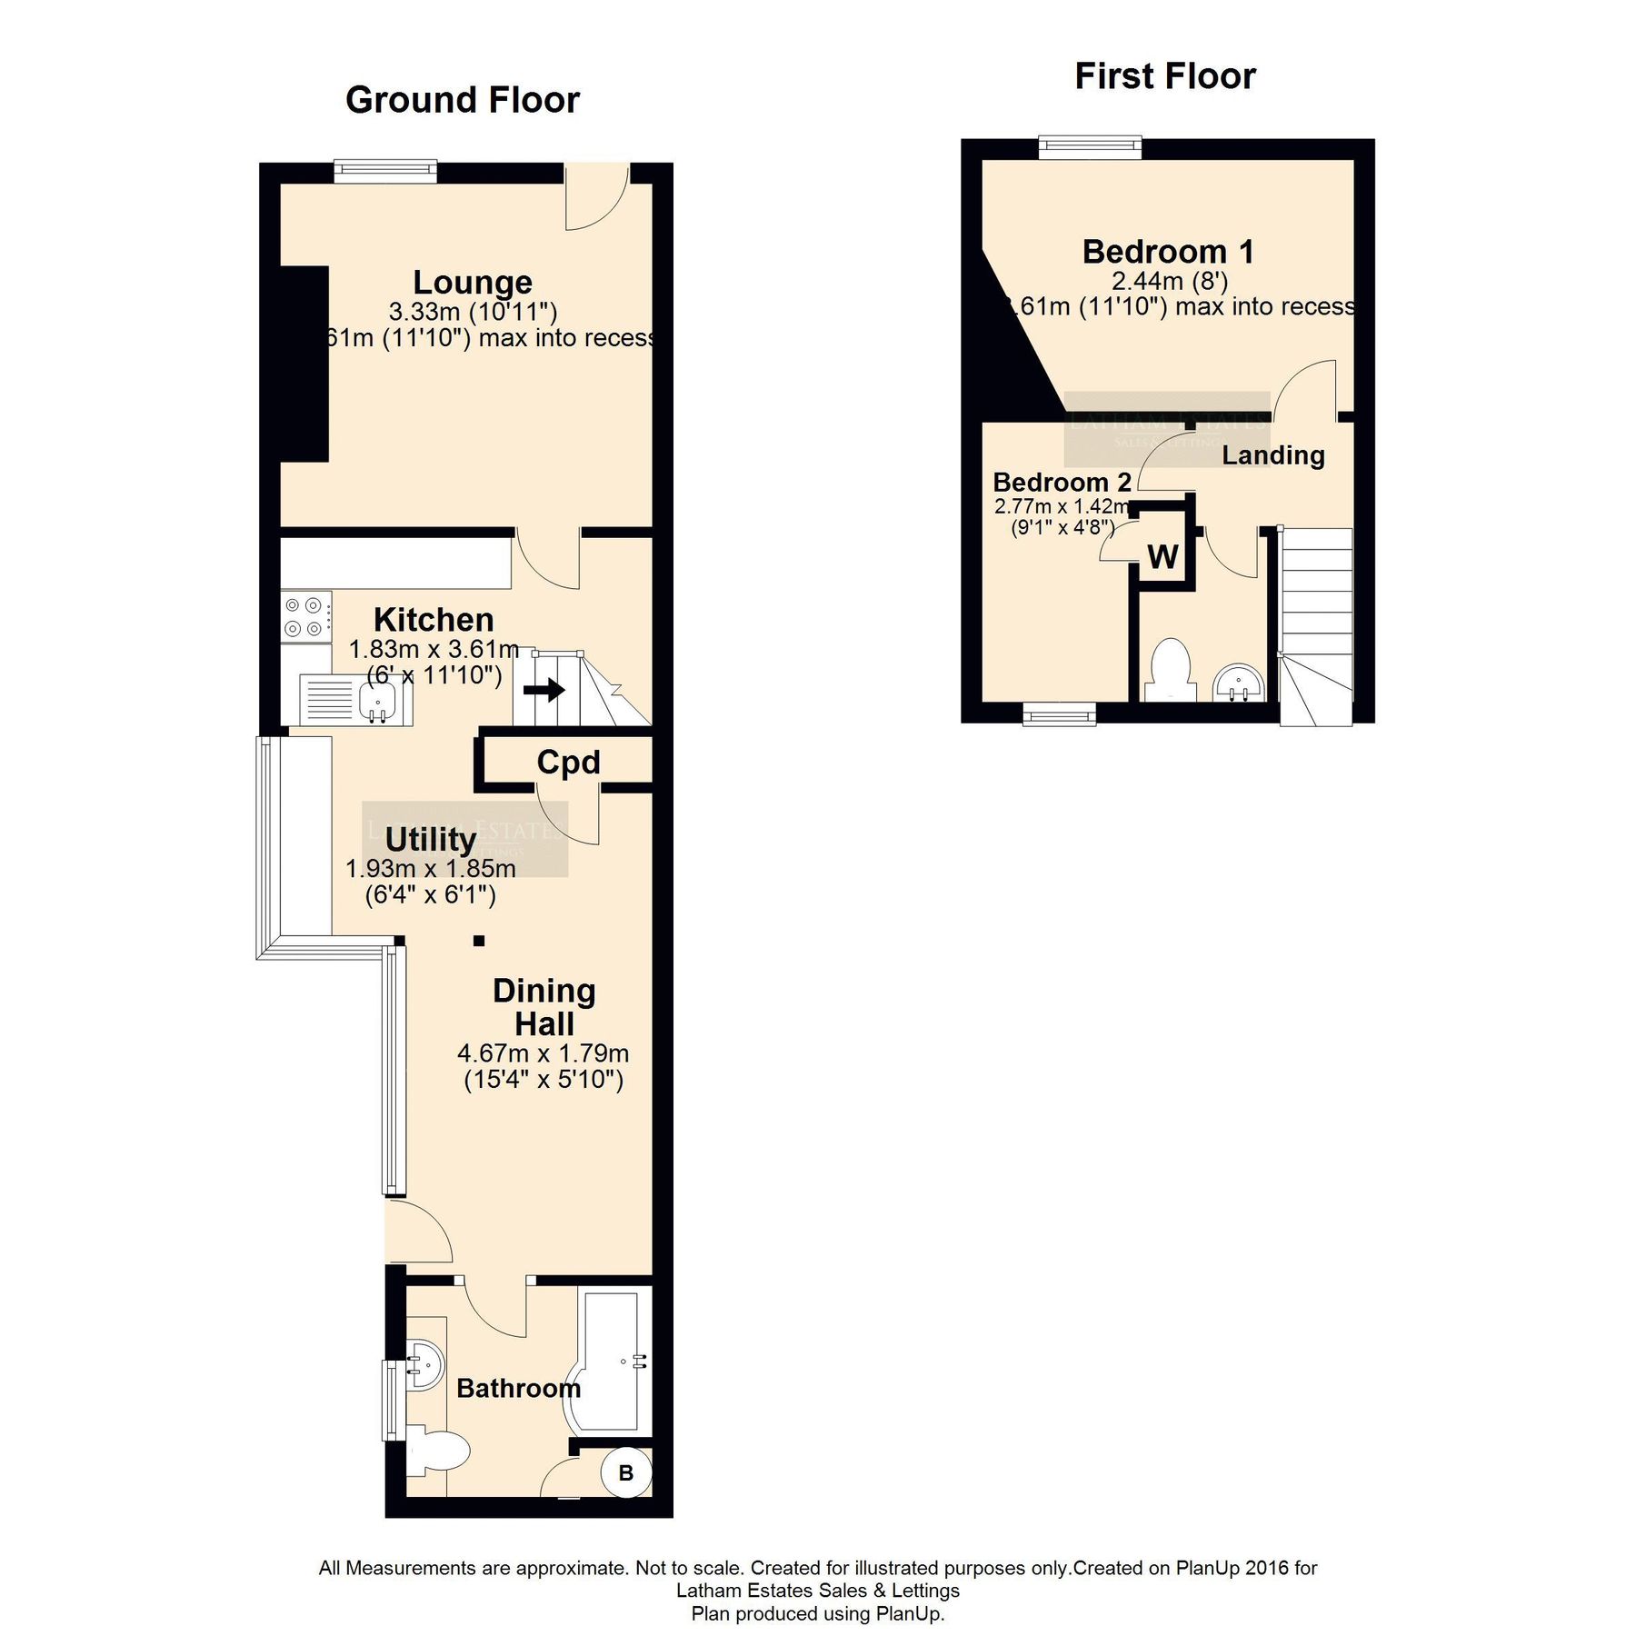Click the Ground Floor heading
[x=462, y=100]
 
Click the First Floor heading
[x=1164, y=76]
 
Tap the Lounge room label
[x=473, y=283]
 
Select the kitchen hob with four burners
[x=305, y=616]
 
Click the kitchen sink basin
[x=377, y=702]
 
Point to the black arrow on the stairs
[x=544, y=691]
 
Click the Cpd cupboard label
[x=568, y=762]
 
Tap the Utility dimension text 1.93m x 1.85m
[x=430, y=869]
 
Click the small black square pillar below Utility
[x=479, y=941]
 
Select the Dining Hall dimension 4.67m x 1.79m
[x=543, y=1053]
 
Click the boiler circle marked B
[x=626, y=1472]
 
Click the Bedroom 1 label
[x=1168, y=252]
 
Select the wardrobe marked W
[x=1162, y=556]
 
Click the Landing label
[x=1272, y=455]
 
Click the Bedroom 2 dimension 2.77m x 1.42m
[x=1062, y=506]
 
